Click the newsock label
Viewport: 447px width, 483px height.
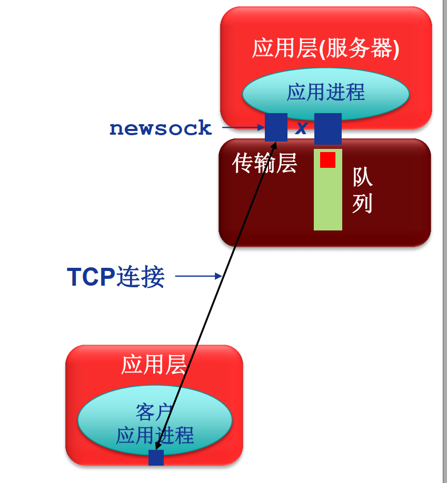pyautogui.click(x=161, y=128)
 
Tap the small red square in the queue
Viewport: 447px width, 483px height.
pyautogui.click(x=327, y=160)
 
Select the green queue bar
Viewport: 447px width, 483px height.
pyautogui.click(x=328, y=200)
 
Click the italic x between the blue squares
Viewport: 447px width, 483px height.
pyautogui.click(x=301, y=128)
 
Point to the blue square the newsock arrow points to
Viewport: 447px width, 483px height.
pyautogui.click(x=276, y=127)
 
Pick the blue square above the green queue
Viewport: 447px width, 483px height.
pyautogui.click(x=328, y=128)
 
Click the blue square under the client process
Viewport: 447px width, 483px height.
pyautogui.click(x=156, y=457)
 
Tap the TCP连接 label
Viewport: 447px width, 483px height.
pyautogui.click(x=116, y=277)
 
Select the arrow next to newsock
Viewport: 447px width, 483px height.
pyautogui.click(x=243, y=127)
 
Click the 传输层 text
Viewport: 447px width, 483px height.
pyautogui.click(x=264, y=164)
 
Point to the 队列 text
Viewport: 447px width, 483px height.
pyautogui.click(x=362, y=190)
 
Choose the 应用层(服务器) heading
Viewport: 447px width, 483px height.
pyautogui.click(x=326, y=49)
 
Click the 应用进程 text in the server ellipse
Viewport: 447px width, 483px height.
pyautogui.click(x=326, y=92)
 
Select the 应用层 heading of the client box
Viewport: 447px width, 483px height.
pyautogui.click(x=154, y=364)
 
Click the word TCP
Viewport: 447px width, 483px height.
pyautogui.click(x=91, y=277)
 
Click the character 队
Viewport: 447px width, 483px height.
pyautogui.click(x=362, y=177)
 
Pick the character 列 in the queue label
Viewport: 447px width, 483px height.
pyautogui.click(x=362, y=204)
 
